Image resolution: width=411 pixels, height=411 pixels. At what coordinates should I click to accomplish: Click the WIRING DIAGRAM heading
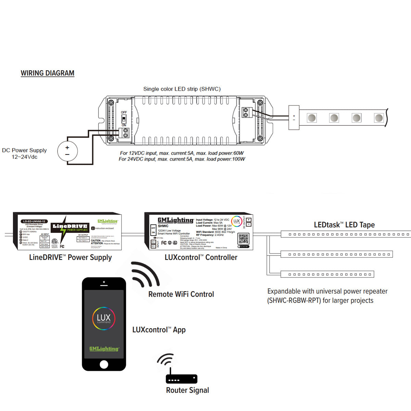[47, 73]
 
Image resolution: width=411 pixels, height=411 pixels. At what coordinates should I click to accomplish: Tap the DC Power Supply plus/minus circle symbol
[67, 151]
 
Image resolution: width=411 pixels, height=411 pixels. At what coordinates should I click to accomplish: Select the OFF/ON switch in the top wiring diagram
[124, 119]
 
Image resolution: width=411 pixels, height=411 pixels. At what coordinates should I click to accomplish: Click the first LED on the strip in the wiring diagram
[311, 118]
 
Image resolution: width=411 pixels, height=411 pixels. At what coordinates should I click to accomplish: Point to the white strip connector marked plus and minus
[294, 117]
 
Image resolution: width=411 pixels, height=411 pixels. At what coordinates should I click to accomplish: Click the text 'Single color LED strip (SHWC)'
[182, 89]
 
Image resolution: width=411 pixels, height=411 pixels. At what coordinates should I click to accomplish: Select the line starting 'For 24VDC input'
[182, 159]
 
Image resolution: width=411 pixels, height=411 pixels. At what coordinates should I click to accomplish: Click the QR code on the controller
[243, 239]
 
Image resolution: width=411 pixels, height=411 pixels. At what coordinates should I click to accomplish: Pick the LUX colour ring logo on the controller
[236, 222]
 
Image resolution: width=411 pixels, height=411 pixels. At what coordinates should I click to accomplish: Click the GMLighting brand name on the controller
[175, 220]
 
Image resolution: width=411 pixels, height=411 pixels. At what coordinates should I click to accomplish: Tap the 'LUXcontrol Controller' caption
[201, 258]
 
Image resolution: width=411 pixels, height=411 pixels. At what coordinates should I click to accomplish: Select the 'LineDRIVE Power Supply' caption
[70, 258]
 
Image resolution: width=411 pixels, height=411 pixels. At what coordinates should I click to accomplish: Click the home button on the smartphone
[104, 364]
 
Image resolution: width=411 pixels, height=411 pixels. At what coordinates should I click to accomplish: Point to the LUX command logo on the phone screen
[104, 319]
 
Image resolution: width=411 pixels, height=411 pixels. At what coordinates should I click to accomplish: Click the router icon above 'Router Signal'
[182, 379]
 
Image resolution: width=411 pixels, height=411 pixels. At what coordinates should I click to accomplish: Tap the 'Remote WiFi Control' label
[181, 294]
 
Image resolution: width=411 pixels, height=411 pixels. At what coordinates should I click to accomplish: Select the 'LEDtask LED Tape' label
[344, 225]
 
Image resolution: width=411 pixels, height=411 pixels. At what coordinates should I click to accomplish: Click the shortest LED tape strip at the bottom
[327, 274]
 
